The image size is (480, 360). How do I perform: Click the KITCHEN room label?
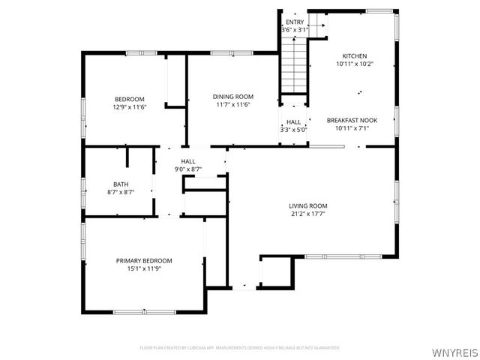pos(355,56)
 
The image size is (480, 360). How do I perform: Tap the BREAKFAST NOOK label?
pos(351,120)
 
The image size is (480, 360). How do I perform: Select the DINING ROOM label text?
pos(232,97)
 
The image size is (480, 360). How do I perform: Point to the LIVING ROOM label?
pos(308,205)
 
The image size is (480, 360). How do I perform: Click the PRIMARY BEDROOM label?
pos(143,260)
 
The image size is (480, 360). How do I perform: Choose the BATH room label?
pos(121,184)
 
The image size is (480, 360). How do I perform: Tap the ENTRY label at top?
pos(295,22)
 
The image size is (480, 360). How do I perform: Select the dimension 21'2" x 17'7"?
pos(308,214)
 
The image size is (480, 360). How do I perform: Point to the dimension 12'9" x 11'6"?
pos(129,106)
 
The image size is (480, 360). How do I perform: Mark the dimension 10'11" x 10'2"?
pos(355,64)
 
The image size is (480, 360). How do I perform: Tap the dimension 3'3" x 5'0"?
pos(293,130)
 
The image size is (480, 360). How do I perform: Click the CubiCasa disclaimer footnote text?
pos(240,347)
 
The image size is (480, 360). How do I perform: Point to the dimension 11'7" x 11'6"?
pos(232,104)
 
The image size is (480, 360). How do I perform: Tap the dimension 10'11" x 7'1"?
pos(351,128)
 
